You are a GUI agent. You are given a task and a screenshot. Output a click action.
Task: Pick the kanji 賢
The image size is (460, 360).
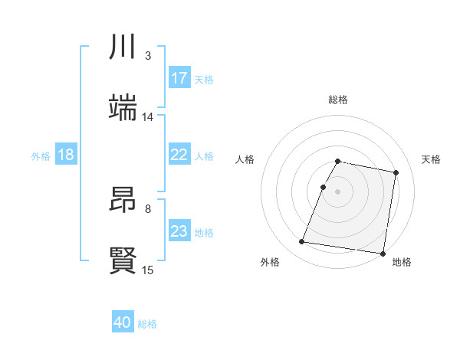coord(123,260)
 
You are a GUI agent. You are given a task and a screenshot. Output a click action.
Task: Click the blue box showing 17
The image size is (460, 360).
coord(179,78)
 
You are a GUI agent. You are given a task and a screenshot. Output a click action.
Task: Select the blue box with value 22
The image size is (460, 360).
coord(179,155)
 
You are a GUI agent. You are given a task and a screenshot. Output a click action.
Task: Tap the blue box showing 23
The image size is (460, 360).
coord(179,231)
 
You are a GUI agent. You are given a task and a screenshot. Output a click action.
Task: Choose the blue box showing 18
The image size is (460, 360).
coord(66,155)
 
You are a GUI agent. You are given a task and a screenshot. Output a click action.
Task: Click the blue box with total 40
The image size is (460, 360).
coord(123,322)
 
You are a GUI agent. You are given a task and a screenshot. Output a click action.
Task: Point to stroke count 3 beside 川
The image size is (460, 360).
coord(148,56)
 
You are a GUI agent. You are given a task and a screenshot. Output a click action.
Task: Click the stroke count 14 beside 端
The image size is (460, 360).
coord(148,117)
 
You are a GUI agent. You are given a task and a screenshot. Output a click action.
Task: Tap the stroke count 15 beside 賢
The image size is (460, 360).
coord(148,270)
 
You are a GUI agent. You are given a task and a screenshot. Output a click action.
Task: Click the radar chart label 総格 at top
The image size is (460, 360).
coord(338,100)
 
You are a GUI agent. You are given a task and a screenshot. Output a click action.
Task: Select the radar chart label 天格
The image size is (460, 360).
coord(432,159)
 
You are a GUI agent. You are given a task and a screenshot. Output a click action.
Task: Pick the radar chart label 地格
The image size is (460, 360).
coord(402,262)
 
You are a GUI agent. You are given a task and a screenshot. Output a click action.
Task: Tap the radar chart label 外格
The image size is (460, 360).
coord(270,262)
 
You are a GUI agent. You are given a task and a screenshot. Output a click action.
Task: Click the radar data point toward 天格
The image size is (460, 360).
coord(396,173)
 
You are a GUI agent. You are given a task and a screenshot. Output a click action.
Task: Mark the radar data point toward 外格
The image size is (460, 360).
coord(303,242)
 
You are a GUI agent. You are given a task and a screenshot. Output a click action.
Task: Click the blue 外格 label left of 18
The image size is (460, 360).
coord(41,155)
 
